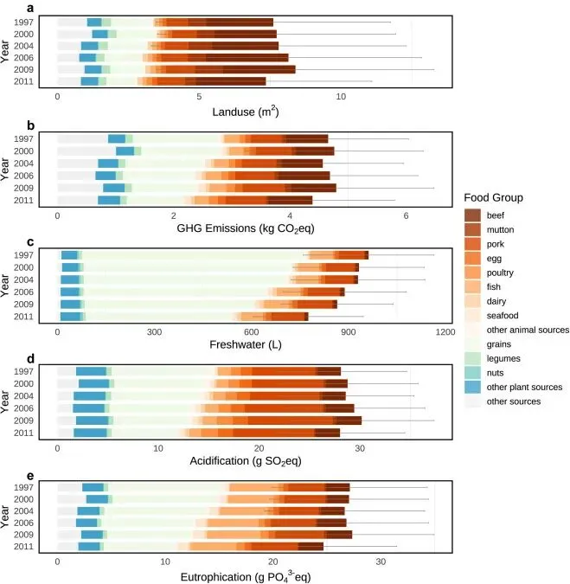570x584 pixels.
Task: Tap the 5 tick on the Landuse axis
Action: coord(199,97)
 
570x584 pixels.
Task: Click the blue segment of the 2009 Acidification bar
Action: coord(92,420)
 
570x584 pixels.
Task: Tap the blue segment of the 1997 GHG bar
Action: coord(117,138)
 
